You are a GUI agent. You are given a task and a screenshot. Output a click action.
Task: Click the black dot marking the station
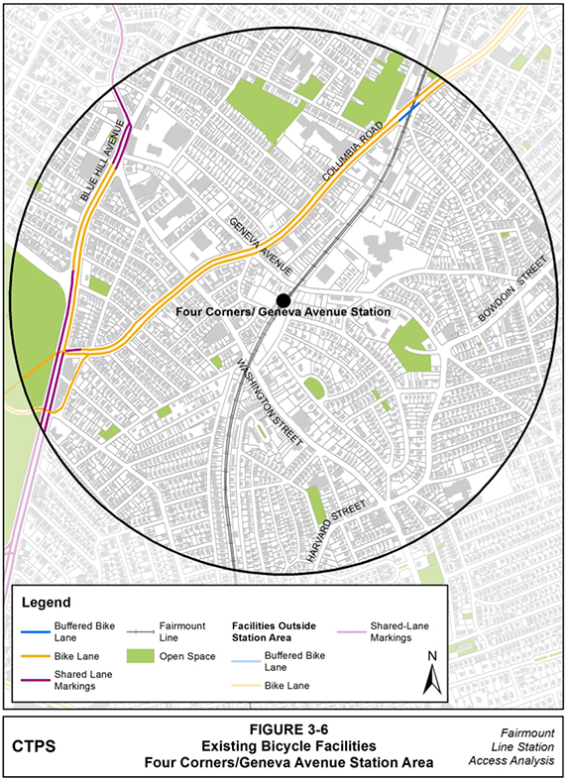(284, 299)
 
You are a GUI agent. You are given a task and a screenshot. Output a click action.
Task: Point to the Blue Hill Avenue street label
(106, 162)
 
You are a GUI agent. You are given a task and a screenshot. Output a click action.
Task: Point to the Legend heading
(46, 602)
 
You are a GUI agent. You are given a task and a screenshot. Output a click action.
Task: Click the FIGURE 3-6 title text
(285, 728)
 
